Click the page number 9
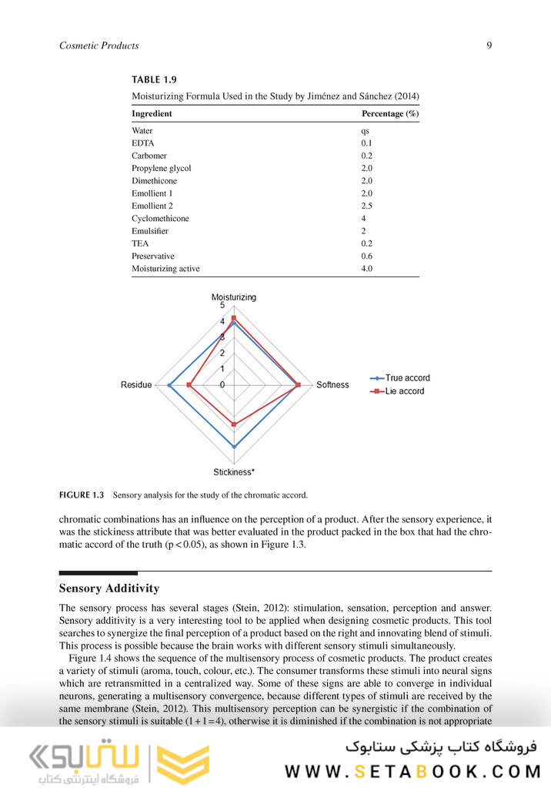[x=489, y=45]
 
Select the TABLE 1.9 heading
[x=157, y=80]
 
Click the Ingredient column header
[x=152, y=114]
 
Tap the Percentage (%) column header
[x=389, y=114]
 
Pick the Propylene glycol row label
[x=161, y=168]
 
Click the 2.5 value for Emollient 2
[x=367, y=206]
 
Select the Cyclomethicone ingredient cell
[x=160, y=218]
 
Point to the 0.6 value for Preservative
[x=367, y=256]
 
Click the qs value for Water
[x=365, y=131]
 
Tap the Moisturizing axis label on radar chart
[x=234, y=297]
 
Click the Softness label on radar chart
[x=332, y=385]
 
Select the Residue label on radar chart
[x=136, y=385]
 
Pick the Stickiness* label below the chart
[x=234, y=472]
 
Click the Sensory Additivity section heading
[x=109, y=588]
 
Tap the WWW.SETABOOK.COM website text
[x=413, y=771]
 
